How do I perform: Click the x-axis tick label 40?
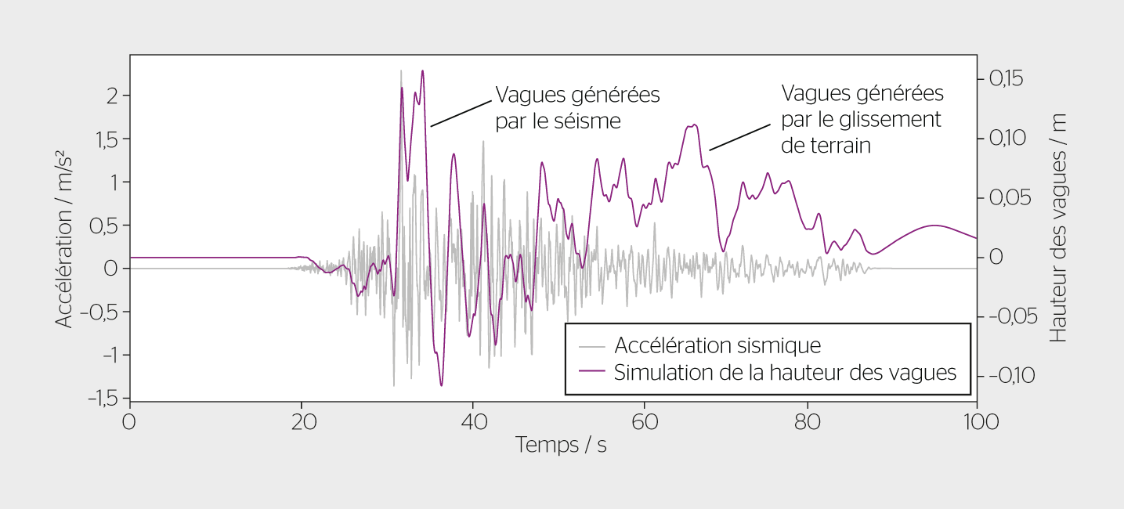click(472, 422)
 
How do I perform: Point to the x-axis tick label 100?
click(976, 422)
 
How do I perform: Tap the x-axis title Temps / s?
click(561, 446)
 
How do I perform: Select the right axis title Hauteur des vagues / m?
click(1059, 227)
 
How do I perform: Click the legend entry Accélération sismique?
click(717, 345)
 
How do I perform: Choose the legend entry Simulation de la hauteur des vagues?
click(785, 372)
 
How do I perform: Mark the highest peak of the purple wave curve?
click(423, 71)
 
